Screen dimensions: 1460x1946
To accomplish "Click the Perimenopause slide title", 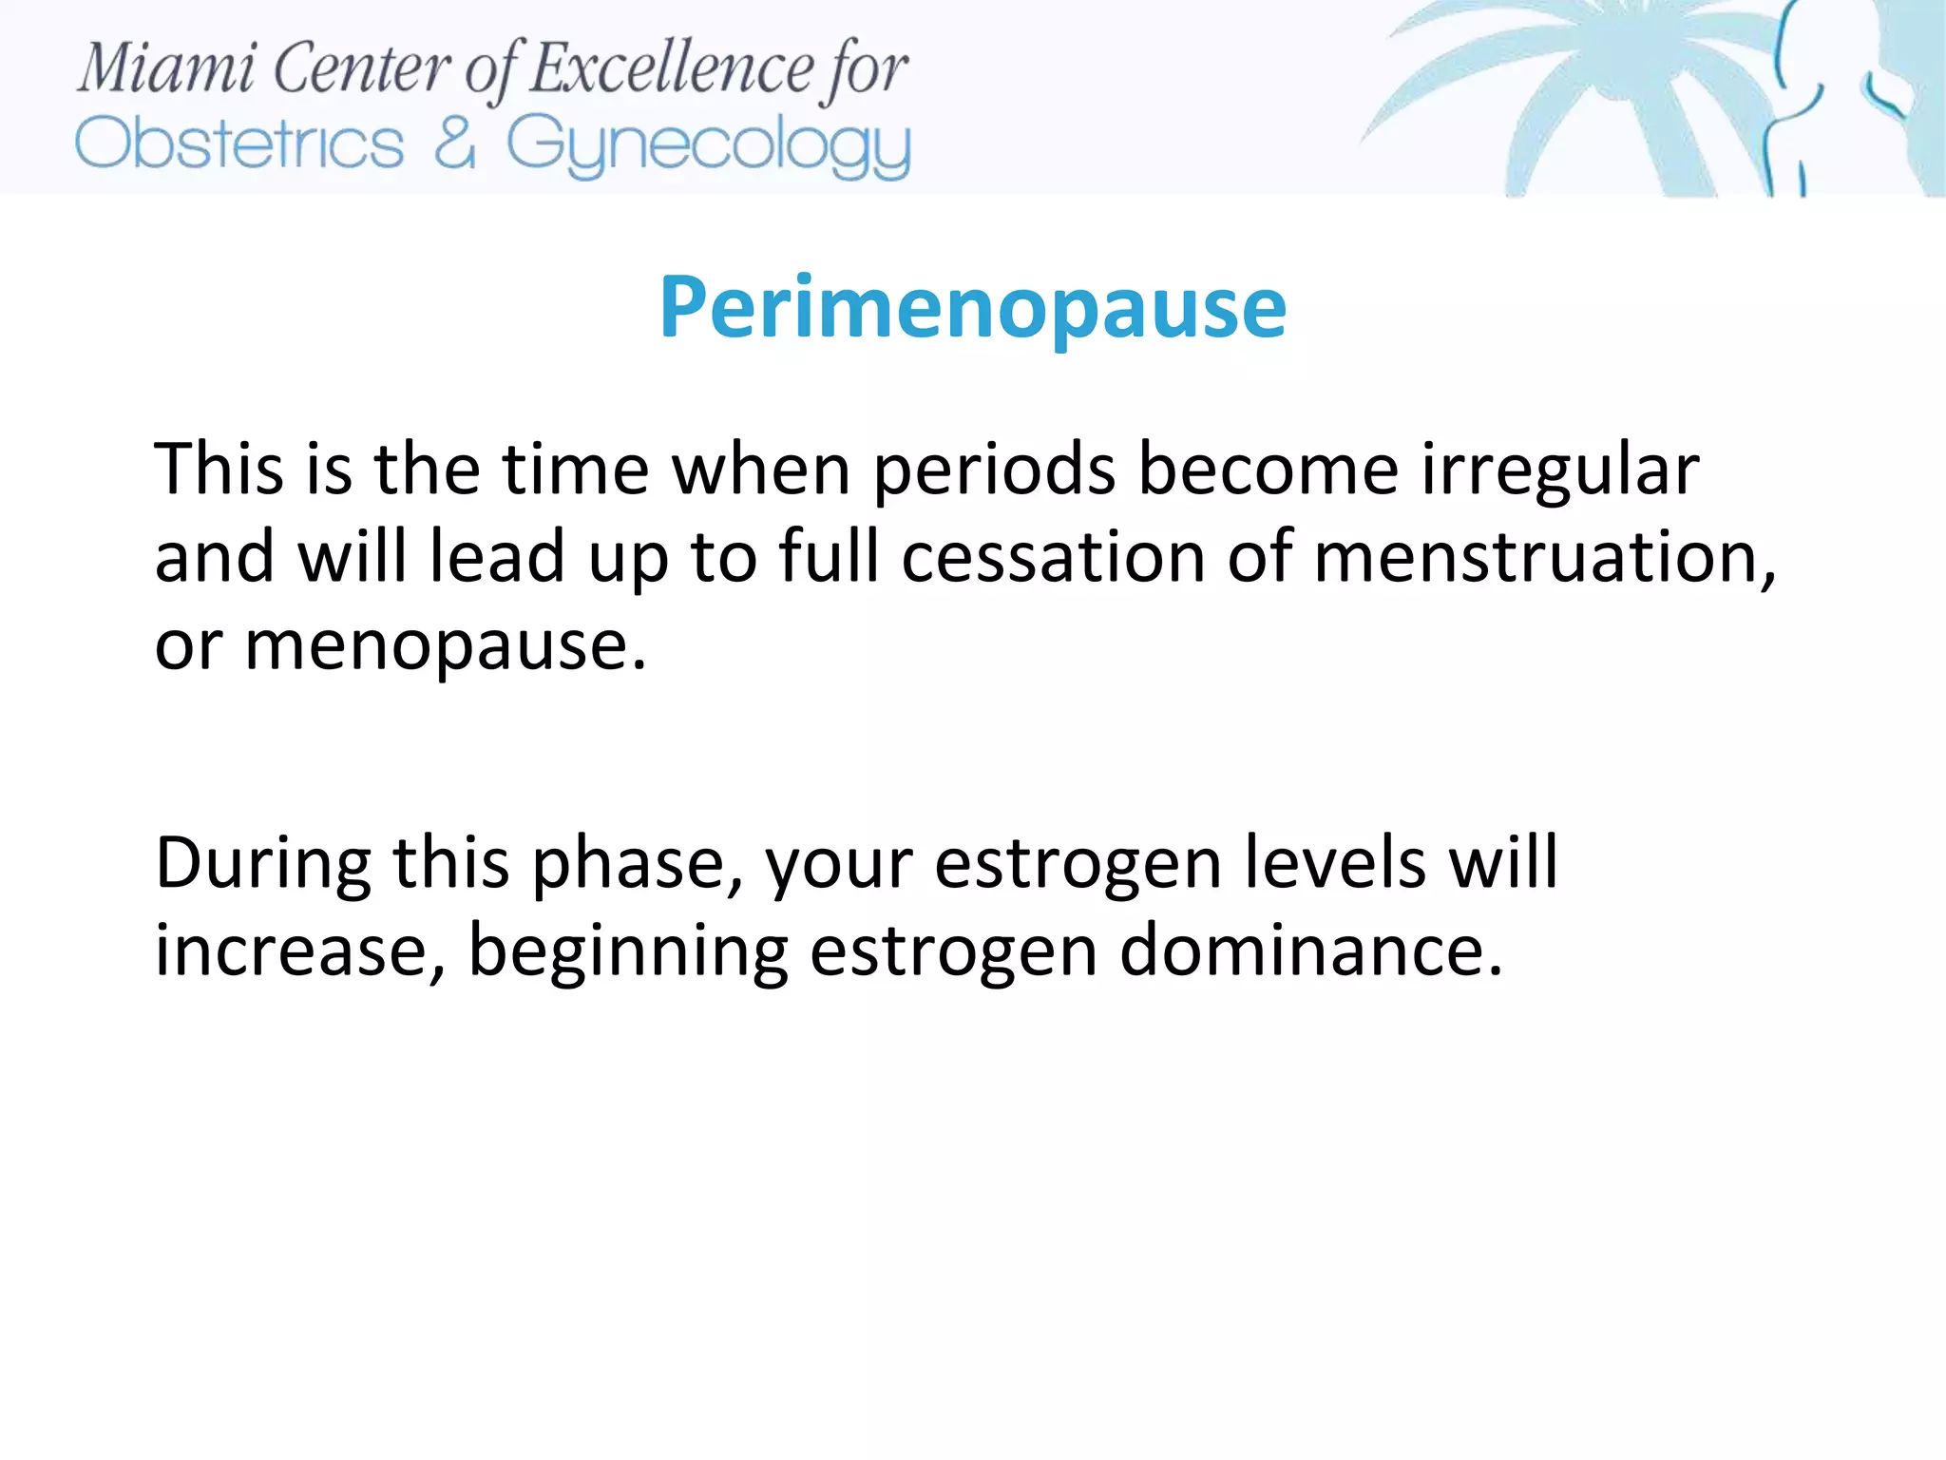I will (972, 308).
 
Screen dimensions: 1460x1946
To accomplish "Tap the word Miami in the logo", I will (166, 68).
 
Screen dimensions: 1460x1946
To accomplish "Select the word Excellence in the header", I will (671, 68).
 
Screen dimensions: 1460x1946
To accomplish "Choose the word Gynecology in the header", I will (708, 147).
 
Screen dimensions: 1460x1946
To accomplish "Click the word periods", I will (994, 471).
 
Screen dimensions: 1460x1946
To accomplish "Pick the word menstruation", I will (1543, 557).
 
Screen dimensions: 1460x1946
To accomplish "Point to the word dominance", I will (1310, 951).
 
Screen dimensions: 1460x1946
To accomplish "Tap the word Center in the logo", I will (362, 68).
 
